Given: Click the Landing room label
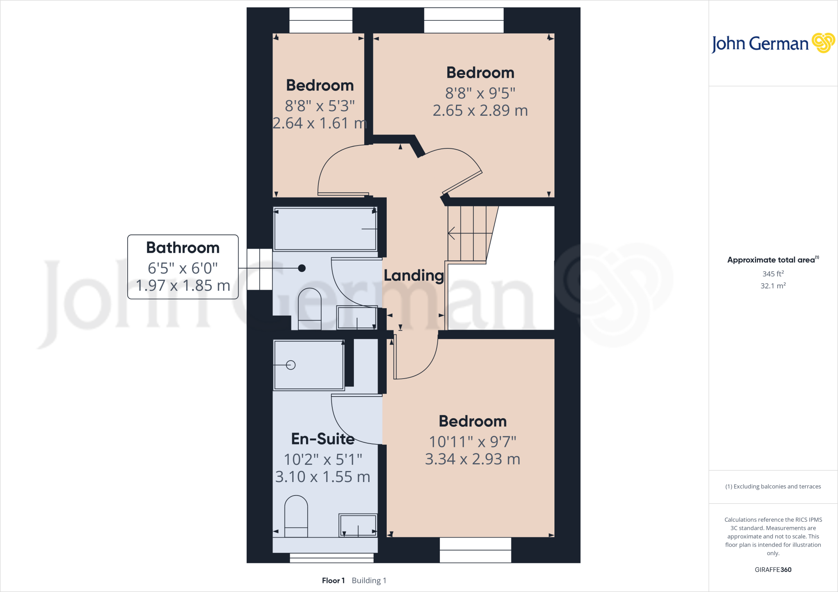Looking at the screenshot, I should pos(414,276).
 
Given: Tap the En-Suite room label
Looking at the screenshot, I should pos(323,439).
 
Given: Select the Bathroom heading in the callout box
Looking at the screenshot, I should pos(183,248).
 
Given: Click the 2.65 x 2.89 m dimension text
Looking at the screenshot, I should pos(480,110).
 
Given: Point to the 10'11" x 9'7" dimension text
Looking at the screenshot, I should pos(473,442).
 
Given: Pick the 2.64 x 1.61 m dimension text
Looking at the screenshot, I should pos(320,123).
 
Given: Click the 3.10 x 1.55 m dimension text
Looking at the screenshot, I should pos(322,477).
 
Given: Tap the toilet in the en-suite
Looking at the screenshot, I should pos(296,516).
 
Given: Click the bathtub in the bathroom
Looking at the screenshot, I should pos(325,229).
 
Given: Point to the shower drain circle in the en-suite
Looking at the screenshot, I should pos(291,365).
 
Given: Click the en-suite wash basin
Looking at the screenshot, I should pos(358,525).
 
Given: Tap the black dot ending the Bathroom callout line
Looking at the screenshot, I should pos(302,268).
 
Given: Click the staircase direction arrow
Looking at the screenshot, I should pos(452,233).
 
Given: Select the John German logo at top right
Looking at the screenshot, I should pos(773,43).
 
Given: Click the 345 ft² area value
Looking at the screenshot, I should pos(773,274).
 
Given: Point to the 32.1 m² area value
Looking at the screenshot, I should pos(773,286).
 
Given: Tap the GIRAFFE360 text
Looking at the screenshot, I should pos(773,570).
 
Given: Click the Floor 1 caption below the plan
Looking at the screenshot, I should pos(333,581).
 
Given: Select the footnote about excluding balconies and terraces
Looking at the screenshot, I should pos(773,487).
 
